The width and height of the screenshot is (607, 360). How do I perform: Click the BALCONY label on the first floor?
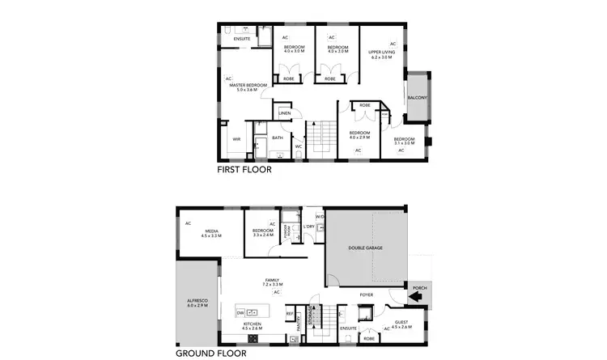pyautogui.click(x=417, y=98)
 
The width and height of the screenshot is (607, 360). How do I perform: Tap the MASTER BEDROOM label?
pyautogui.click(x=248, y=86)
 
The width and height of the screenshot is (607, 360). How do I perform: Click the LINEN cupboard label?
pyautogui.click(x=284, y=113)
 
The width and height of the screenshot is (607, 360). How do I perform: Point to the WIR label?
pyautogui.click(x=236, y=138)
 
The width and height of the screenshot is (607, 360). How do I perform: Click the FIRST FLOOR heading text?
pyautogui.click(x=244, y=171)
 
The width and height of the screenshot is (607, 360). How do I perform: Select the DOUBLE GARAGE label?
pyautogui.click(x=366, y=248)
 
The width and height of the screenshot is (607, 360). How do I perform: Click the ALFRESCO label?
pyautogui.click(x=198, y=303)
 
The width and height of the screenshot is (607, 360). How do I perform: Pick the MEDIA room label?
pyautogui.click(x=212, y=231)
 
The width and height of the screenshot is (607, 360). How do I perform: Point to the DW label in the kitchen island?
pyautogui.click(x=240, y=312)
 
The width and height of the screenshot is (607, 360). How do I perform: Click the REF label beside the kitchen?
pyautogui.click(x=290, y=313)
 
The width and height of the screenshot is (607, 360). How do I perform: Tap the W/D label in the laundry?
pyautogui.click(x=320, y=216)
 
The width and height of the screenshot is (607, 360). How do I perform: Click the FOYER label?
pyautogui.click(x=366, y=294)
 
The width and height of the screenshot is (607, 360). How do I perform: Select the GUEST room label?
pyautogui.click(x=402, y=322)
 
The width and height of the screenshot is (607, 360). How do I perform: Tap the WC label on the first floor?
pyautogui.click(x=298, y=146)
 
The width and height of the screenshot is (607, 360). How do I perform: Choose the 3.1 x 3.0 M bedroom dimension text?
pyautogui.click(x=404, y=143)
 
